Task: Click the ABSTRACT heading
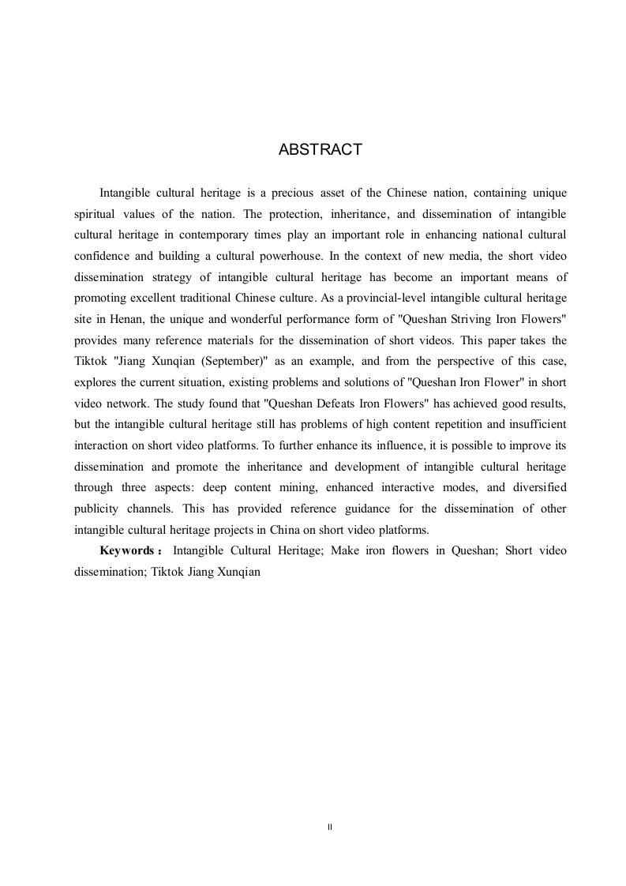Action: [320, 150]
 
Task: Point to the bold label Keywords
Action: [126, 550]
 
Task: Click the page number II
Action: [329, 826]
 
